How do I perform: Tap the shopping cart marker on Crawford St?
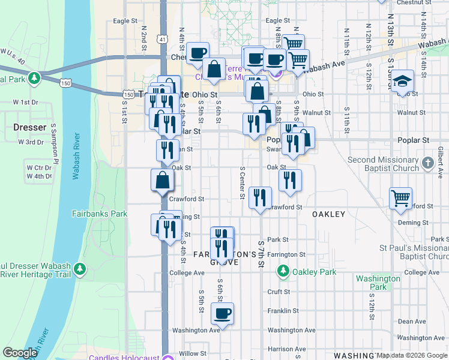pos(400,197)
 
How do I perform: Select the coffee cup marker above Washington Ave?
pos(222,313)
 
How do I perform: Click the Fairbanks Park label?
pos(100,214)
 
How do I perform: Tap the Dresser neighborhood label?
pos(29,127)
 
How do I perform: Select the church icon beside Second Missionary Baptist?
pos(427,163)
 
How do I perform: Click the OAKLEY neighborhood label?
pos(328,214)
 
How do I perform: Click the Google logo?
pos(20,353)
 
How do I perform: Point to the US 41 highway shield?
pos(162,39)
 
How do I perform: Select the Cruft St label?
pos(279,292)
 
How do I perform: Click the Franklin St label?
pos(283,311)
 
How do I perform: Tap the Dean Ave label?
pos(411,322)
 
